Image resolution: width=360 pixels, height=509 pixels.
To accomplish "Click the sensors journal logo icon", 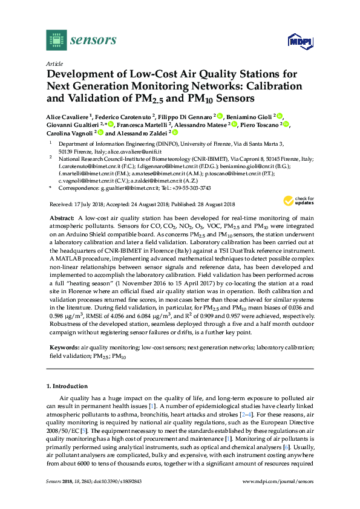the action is click(x=56, y=41).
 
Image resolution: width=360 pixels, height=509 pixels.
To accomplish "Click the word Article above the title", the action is click(x=54, y=63).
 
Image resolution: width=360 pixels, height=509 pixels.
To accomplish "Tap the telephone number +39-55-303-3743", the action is click(x=179, y=188).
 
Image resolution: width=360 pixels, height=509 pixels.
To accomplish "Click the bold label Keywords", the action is click(x=64, y=347).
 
